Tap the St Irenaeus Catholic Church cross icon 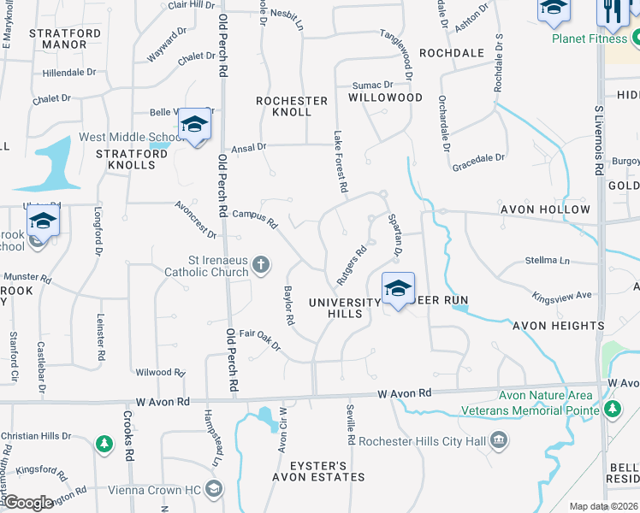pos(262,267)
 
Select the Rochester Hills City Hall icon pos(500,441)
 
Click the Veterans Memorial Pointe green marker pos(613,410)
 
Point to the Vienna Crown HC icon pos(214,490)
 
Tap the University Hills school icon pos(398,289)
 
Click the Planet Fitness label pos(590,38)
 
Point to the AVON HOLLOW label pos(550,209)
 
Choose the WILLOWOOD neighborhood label pos(385,97)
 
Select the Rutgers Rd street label pos(352,266)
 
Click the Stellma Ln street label pos(547,260)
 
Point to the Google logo pos(28,503)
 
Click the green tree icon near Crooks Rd pos(104,445)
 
